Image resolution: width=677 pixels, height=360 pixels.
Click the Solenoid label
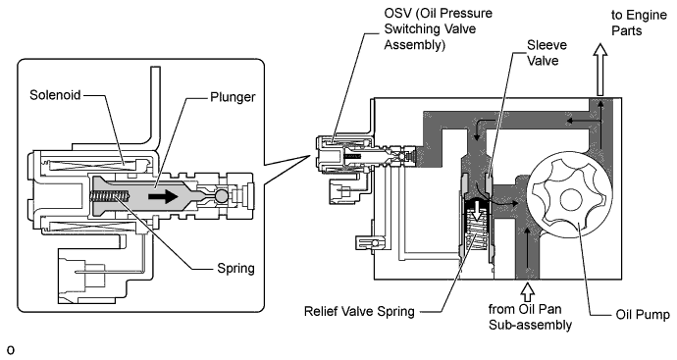pos(55,95)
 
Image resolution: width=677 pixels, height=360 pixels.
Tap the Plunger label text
pos(233,97)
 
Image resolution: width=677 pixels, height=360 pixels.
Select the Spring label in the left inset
pos(235,269)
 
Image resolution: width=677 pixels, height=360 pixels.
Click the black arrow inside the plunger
pos(163,197)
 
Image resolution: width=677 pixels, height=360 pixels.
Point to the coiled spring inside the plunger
pos(110,196)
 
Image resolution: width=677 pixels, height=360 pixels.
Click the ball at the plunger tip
pos(222,196)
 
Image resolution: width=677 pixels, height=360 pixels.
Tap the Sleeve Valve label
pos(547,53)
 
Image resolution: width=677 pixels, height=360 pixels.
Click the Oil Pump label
pos(643,315)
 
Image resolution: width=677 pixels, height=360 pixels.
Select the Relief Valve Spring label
pos(359,311)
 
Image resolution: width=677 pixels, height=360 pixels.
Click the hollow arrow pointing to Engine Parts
pos(599,70)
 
